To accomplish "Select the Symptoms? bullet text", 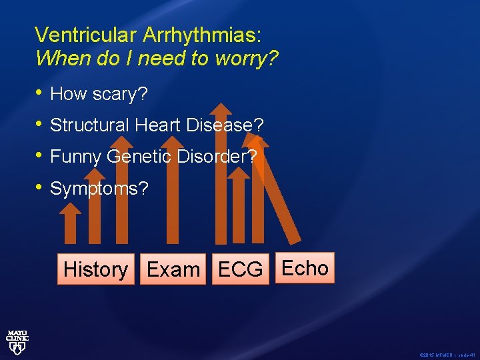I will [99, 189].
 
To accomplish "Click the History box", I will [95, 269].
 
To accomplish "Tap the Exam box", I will [173, 269].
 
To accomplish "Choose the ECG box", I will [240, 269].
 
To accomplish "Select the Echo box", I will [305, 268].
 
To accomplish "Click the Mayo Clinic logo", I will [17, 339].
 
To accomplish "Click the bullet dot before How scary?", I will [39, 93].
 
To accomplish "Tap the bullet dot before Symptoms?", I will [39, 188].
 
